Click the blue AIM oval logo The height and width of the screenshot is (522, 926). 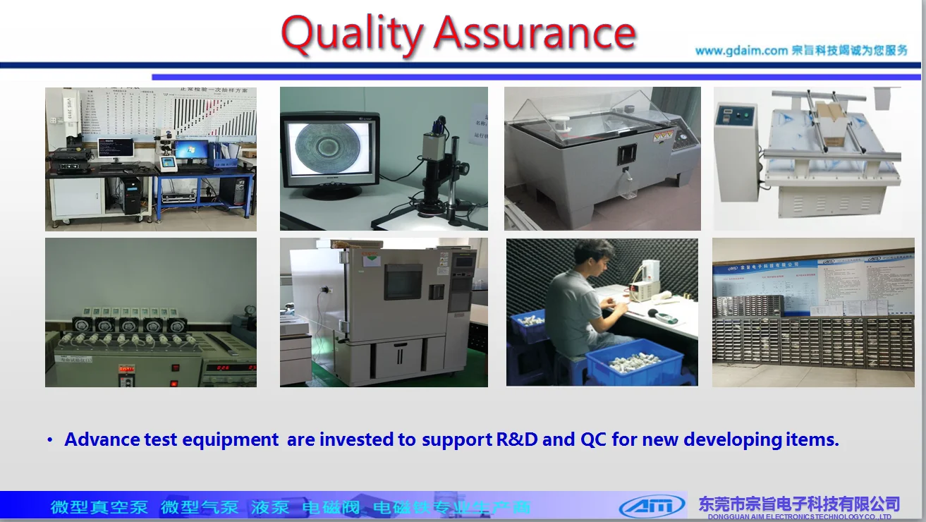(652, 505)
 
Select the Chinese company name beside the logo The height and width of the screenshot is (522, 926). (798, 504)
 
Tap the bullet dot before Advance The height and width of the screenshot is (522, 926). (50, 440)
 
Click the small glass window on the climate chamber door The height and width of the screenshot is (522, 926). (403, 281)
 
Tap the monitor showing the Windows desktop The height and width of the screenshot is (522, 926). (191, 149)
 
